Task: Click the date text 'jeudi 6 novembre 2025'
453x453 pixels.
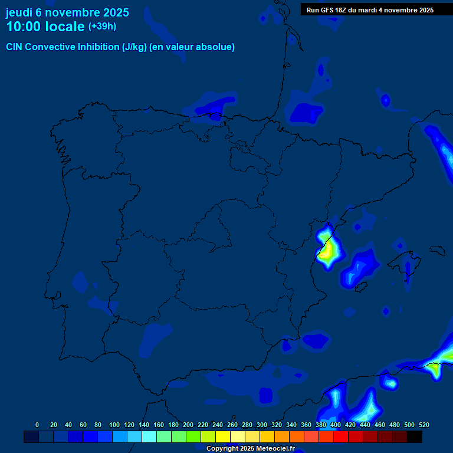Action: click(67, 12)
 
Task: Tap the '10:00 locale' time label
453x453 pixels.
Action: click(45, 27)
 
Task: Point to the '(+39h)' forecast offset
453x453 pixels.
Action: click(102, 27)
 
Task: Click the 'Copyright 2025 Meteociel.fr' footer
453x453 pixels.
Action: click(250, 449)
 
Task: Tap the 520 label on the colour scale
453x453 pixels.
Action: click(424, 425)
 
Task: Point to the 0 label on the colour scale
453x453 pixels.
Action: click(37, 425)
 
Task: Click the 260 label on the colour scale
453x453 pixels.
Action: click(232, 425)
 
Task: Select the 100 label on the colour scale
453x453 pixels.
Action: click(114, 425)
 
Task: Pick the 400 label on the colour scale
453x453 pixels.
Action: click(336, 425)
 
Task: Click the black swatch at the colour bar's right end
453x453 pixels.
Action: click(415, 436)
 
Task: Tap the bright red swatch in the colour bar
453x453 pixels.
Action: click(341, 436)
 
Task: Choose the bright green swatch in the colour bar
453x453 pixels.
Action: click(193, 436)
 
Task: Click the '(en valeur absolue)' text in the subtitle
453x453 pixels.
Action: click(192, 47)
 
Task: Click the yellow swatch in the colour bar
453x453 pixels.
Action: click(223, 436)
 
